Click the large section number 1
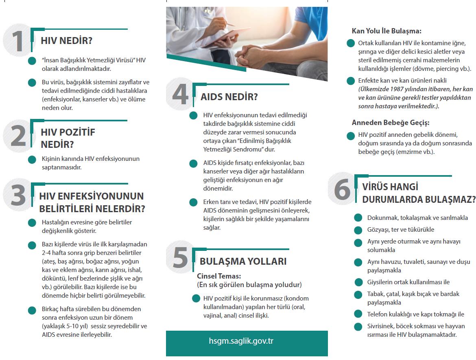17,42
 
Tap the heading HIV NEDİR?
67,41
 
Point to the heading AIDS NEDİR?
229,97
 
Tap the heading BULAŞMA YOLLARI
243,261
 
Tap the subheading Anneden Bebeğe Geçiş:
391,123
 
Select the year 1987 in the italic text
409,89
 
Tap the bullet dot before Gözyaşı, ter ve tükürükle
358,230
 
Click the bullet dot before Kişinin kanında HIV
32,159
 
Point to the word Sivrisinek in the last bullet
381,326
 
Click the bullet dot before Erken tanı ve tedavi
194,202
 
